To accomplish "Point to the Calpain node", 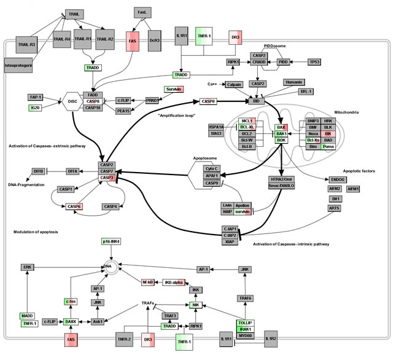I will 234,85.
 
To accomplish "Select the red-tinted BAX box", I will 281,127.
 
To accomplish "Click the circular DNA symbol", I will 110,267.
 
